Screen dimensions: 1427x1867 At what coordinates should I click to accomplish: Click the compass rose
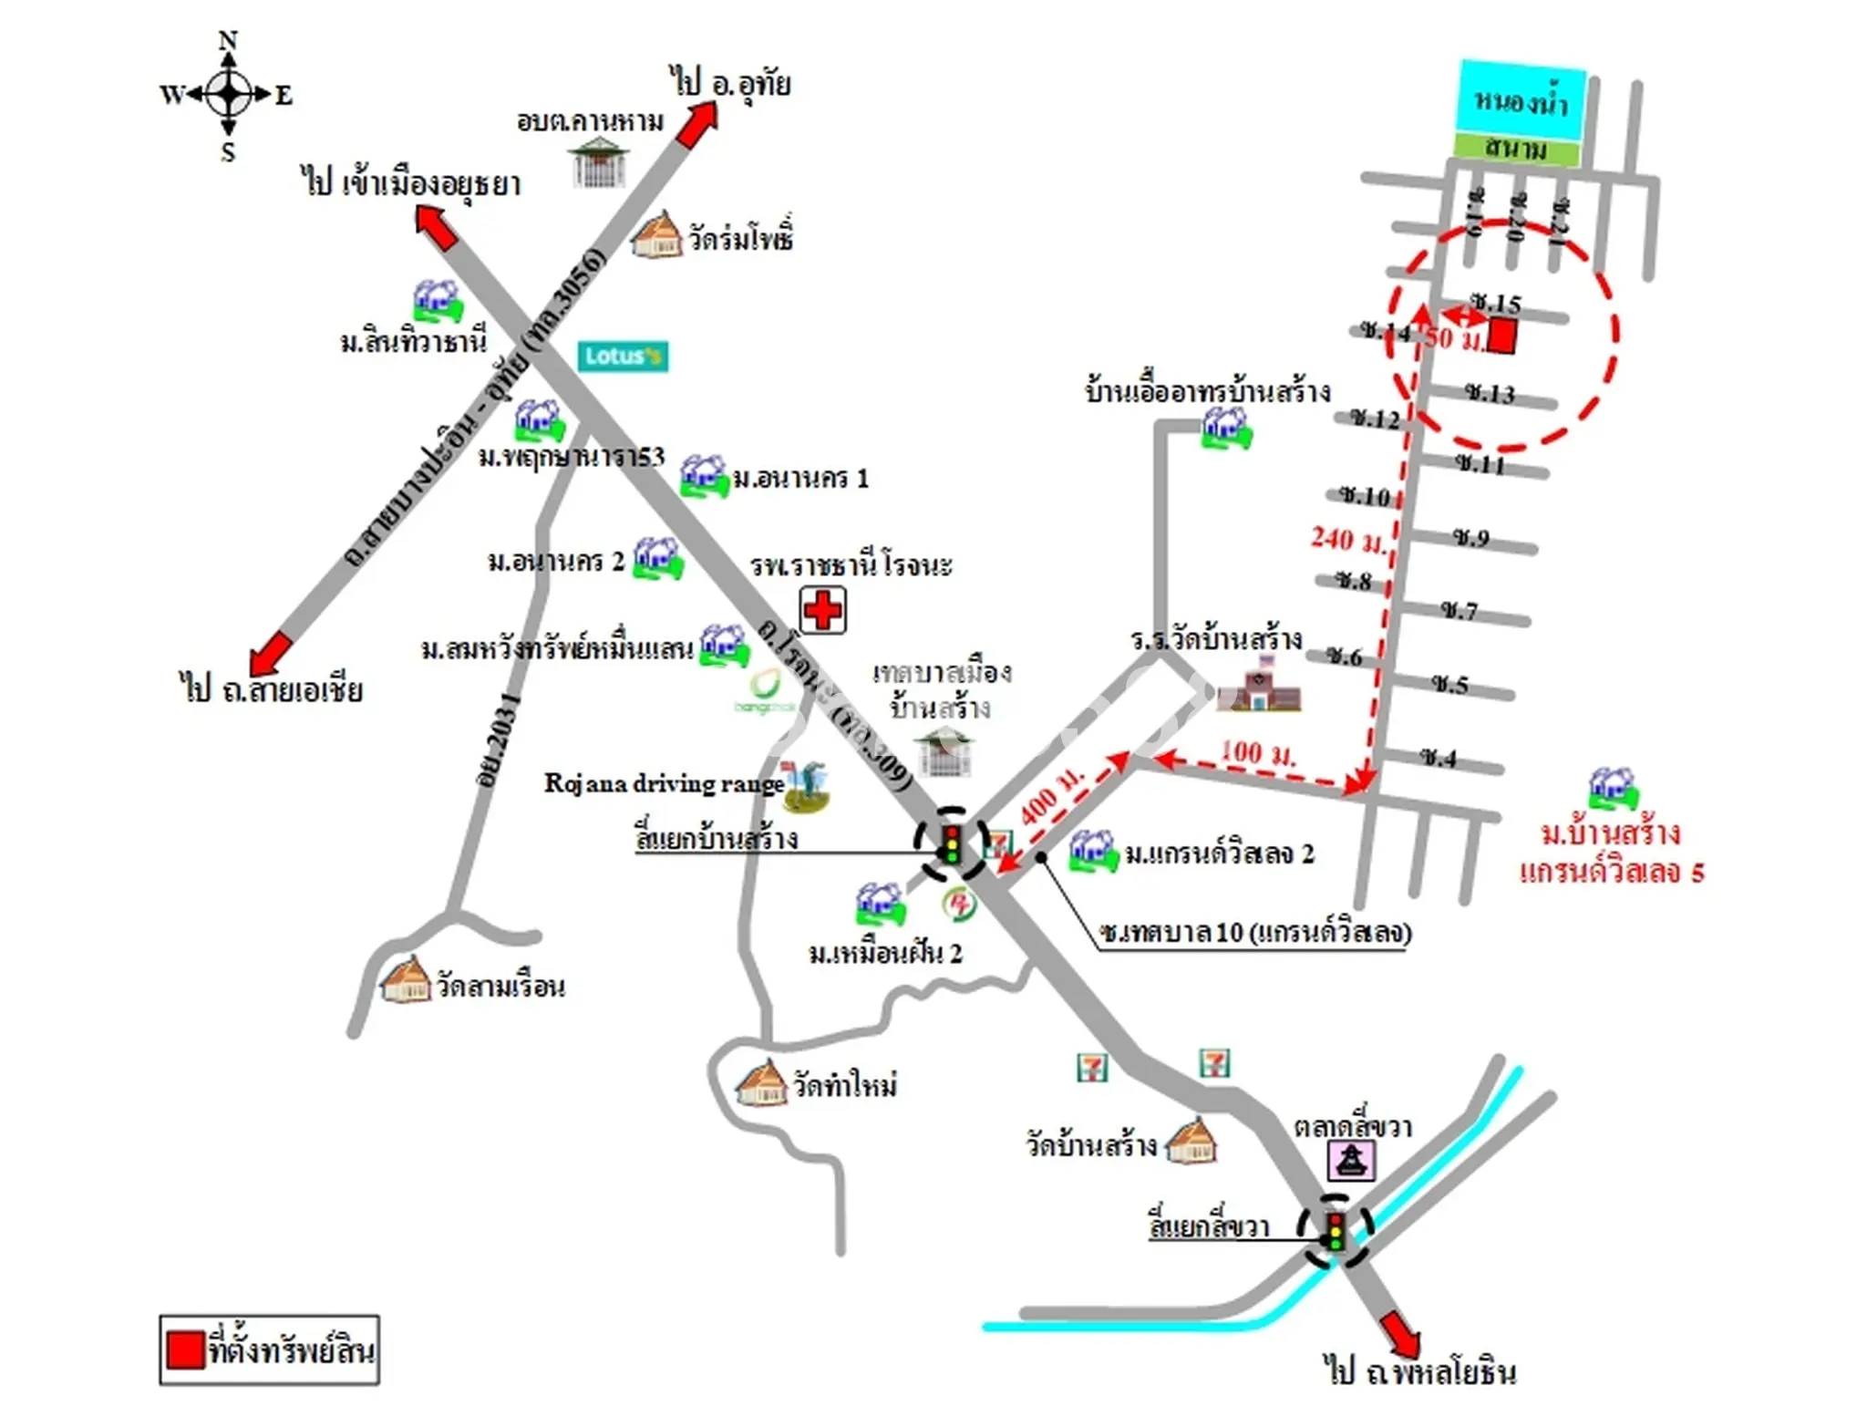pos(228,94)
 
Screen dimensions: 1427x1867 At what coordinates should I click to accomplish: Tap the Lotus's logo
pos(623,356)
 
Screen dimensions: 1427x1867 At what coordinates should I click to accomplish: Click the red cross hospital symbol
pos(822,610)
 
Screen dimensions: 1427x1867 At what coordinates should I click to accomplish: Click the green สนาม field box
pos(1516,149)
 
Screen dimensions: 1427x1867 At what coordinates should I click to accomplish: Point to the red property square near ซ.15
pos(1502,336)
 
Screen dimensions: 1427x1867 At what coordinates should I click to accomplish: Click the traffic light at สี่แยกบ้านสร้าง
pos(952,843)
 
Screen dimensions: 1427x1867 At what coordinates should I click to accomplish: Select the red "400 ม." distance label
pos(1052,795)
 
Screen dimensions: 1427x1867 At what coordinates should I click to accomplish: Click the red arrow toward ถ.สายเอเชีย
pos(271,653)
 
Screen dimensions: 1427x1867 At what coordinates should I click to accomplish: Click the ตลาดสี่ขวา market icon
pos(1351,1161)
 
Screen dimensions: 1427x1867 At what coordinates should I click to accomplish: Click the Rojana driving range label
pos(664,783)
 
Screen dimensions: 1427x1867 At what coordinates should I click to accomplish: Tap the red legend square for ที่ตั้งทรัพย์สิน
pos(185,1349)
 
